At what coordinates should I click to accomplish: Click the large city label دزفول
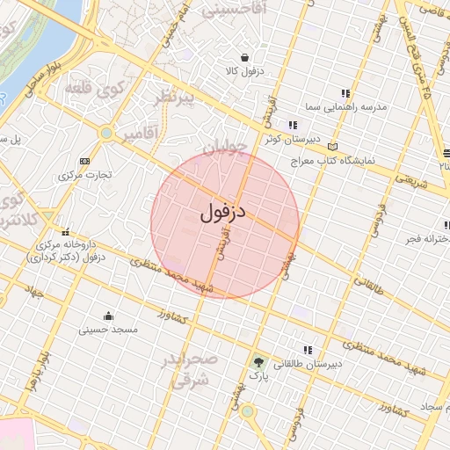226,211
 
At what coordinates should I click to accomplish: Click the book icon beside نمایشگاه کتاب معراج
331,145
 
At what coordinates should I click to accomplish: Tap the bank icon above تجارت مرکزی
84,162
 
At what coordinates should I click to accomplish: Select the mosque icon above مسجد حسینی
108,316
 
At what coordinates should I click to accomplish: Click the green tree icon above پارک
258,361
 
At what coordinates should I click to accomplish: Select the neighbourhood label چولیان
223,149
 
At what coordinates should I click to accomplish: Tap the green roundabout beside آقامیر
106,133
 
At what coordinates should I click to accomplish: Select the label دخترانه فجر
424,238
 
